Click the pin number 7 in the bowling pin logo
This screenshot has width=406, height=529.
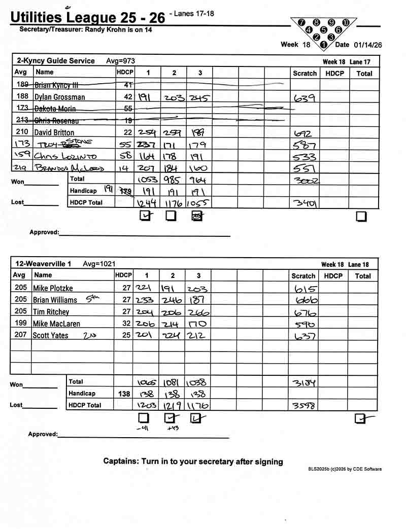pyautogui.click(x=302, y=23)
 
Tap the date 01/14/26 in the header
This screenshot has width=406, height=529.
pyautogui.click(x=368, y=45)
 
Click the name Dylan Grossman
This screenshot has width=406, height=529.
pyautogui.click(x=59, y=97)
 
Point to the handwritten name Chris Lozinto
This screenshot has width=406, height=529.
pyautogui.click(x=65, y=157)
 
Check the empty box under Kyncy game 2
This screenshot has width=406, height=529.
pyautogui.click(x=171, y=216)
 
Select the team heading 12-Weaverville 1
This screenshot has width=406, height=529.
pyautogui.click(x=43, y=264)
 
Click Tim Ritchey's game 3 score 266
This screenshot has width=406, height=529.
pyautogui.click(x=198, y=312)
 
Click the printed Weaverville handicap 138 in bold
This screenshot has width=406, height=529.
pyautogui.click(x=124, y=394)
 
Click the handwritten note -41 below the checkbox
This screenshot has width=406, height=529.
pyautogui.click(x=143, y=429)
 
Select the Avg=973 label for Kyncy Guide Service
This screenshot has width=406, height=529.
pyautogui.click(x=120, y=61)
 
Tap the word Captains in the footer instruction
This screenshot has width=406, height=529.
pyautogui.click(x=120, y=462)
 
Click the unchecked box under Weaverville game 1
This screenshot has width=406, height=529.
pyautogui.click(x=144, y=418)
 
